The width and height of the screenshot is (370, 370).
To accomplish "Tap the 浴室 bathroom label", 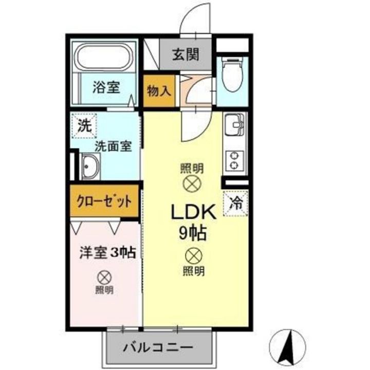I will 106,87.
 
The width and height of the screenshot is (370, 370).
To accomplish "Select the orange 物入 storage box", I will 158,91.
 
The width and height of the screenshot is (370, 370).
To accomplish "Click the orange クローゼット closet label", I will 104,200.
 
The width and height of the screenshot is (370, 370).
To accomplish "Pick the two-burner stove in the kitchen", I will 235,160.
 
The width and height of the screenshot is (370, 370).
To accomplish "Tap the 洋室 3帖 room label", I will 107,253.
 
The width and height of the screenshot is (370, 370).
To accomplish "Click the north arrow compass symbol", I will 287,345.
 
